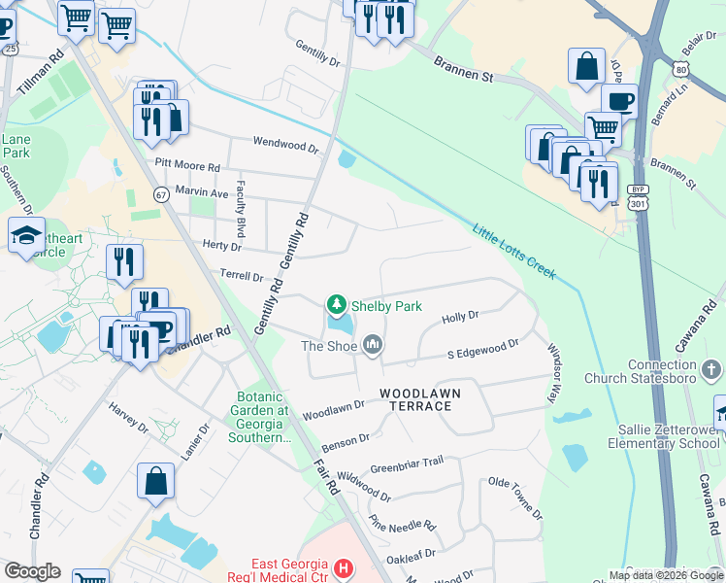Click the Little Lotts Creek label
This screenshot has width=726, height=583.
(x=514, y=252)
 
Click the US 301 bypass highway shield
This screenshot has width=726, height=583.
(x=638, y=197)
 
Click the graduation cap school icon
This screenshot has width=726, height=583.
(x=26, y=234)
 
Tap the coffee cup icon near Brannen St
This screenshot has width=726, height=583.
(x=619, y=100)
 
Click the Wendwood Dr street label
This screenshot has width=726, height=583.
(x=285, y=145)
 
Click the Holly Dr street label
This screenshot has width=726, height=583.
(x=461, y=317)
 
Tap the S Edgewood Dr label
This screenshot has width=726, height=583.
(x=483, y=349)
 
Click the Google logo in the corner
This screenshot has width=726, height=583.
(x=33, y=570)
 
